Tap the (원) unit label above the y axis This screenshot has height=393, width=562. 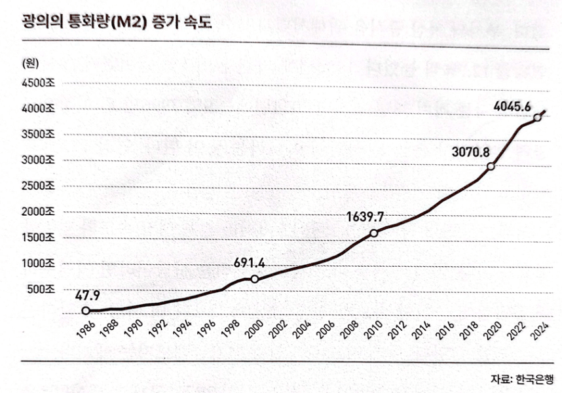coord(31,63)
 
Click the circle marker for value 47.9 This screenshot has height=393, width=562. coord(86,311)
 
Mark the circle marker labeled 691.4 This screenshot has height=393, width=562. coord(255,279)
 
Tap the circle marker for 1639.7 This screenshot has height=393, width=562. coord(373,233)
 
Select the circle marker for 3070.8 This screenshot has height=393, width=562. coord(491,166)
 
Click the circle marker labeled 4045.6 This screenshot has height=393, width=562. coord(537,117)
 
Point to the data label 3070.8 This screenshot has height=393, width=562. coord(470,152)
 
